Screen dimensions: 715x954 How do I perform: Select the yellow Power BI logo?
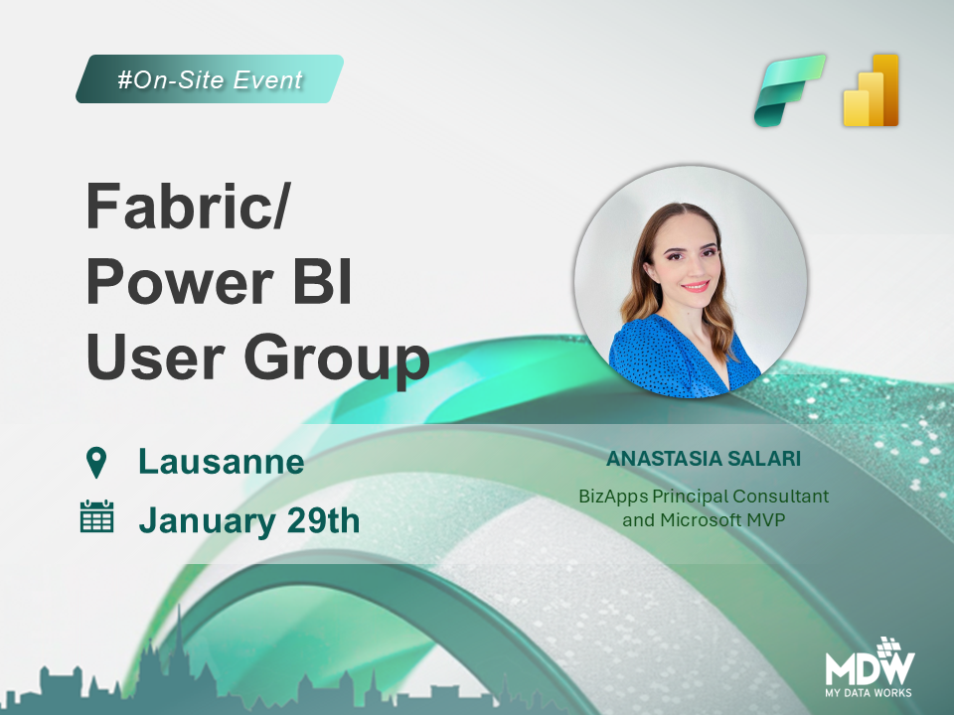[x=871, y=90]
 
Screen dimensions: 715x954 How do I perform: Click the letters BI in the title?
[x=324, y=284]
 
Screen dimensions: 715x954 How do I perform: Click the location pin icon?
[x=96, y=462]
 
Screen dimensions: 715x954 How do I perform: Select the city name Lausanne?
[x=221, y=462]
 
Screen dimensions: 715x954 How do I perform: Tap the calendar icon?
[x=96, y=518]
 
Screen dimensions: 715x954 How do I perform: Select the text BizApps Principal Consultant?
[x=704, y=496]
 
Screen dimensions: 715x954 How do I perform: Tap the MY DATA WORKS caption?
[x=868, y=691]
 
